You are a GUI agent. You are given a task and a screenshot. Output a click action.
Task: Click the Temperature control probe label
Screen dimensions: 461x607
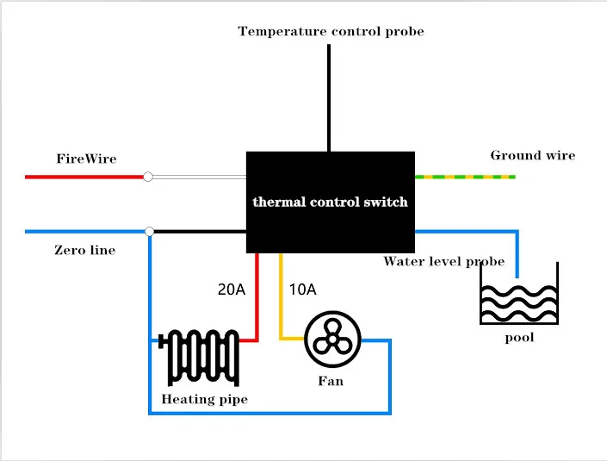(331, 32)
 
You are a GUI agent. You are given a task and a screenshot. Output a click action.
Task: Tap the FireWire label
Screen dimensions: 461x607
(86, 159)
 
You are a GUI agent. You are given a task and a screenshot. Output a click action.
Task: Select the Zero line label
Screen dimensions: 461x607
(84, 251)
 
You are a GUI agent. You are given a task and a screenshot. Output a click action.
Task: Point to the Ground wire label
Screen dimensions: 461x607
(532, 156)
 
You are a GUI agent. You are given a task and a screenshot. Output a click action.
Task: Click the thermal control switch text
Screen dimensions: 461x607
(330, 202)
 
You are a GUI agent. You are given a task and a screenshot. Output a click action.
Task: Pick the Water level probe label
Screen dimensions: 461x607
(443, 261)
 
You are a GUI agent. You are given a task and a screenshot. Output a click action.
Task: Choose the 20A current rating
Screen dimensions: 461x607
(231, 290)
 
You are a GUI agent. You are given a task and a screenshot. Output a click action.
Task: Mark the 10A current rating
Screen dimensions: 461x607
(302, 290)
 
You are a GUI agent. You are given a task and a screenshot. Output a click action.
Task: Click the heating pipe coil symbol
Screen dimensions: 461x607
(202, 358)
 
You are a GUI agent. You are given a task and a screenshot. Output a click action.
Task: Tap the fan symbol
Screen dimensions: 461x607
(331, 340)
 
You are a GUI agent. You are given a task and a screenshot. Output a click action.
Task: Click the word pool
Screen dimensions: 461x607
(519, 338)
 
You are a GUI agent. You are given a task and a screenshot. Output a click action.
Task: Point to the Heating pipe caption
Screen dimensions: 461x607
(204, 400)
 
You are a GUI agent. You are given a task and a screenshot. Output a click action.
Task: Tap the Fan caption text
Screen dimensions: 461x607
(331, 380)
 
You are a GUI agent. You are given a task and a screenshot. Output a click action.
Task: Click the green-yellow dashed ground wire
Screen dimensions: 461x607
(465, 177)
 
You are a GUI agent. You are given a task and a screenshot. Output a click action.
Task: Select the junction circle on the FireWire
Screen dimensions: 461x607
(148, 177)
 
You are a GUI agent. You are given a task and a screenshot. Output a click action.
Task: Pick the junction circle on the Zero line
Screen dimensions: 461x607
(150, 231)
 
